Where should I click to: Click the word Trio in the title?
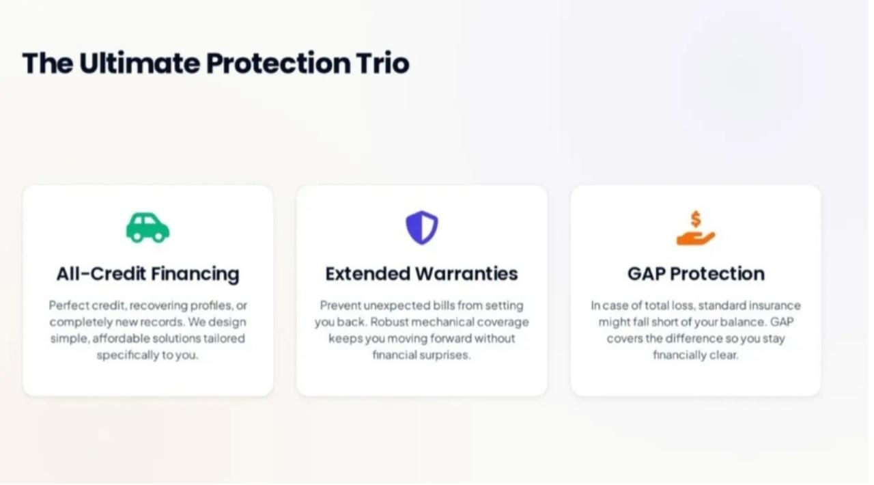click(382, 64)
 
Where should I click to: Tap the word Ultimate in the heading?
click(139, 64)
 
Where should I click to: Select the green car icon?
click(147, 228)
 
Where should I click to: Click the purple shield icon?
click(422, 227)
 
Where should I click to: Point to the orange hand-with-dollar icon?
click(696, 228)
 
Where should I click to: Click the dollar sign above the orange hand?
click(696, 219)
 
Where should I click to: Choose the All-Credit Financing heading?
click(148, 274)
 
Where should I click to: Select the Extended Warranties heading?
click(421, 274)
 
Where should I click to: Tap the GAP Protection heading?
click(696, 274)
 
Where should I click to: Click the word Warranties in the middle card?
click(466, 274)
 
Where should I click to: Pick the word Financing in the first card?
click(195, 274)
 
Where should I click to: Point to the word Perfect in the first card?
click(68, 305)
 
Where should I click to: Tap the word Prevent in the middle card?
click(340, 305)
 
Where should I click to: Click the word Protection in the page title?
click(278, 64)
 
